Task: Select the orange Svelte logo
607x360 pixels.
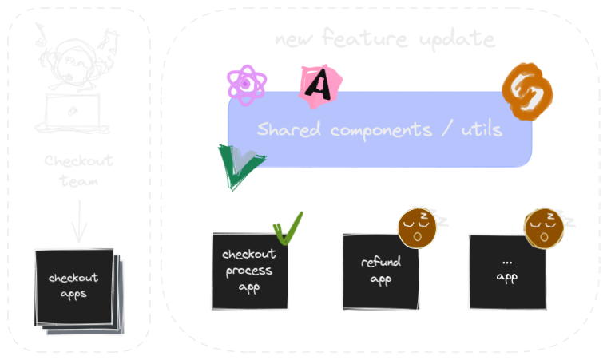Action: click(527, 95)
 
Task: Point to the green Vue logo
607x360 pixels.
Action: click(238, 166)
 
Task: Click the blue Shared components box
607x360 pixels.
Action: click(380, 129)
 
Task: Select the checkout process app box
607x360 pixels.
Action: click(248, 271)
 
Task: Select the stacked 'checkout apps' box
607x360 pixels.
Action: click(74, 287)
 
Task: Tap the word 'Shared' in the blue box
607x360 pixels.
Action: click(287, 129)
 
